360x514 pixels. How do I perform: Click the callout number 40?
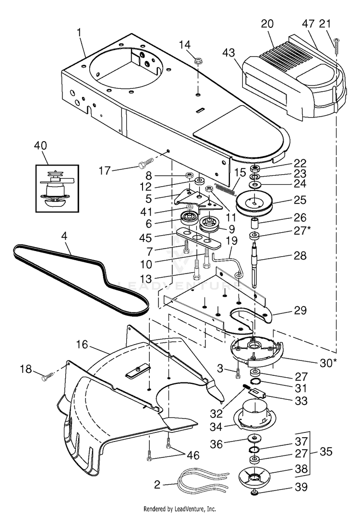[40, 145]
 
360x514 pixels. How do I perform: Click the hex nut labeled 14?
[198, 60]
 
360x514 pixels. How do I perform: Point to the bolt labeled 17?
[146, 163]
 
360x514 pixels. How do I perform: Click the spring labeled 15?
[225, 190]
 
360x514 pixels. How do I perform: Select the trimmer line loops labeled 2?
[203, 481]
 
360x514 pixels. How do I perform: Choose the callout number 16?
[82, 345]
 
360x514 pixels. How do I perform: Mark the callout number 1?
[79, 32]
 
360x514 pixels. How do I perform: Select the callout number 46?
[193, 455]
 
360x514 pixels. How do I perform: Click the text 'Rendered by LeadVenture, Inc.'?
[180, 509]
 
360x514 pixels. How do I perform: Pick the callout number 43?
[229, 52]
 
